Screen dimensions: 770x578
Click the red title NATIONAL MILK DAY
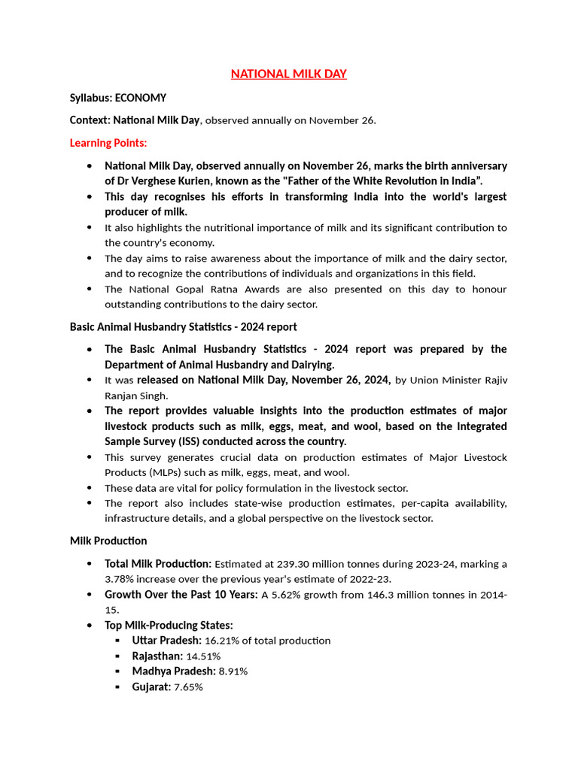coord(288,74)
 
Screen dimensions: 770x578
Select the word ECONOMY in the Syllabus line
coord(141,98)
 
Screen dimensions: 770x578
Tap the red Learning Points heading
coord(108,142)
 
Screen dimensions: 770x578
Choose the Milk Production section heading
coord(108,541)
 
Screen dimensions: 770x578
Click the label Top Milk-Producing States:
coord(169,626)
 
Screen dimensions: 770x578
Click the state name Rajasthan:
coord(157,656)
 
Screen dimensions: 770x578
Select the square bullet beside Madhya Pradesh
coord(118,671)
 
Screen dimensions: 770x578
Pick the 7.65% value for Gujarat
coord(188,687)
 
